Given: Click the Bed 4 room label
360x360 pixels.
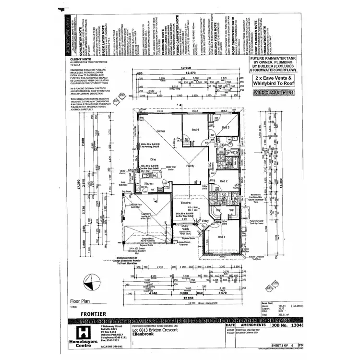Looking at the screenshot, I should [x=195, y=130].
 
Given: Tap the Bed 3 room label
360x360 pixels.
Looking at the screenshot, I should [x=226, y=127].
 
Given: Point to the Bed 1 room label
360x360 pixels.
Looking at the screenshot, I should [x=221, y=237].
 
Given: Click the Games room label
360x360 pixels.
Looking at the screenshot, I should [x=161, y=130].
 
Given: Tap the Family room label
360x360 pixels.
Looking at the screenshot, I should [x=190, y=166].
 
